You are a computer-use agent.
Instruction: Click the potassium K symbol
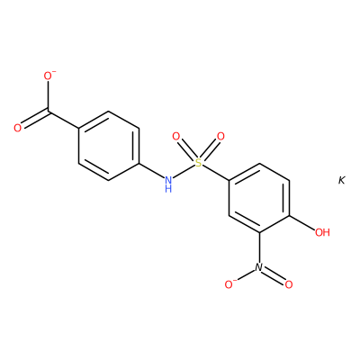pos(342,180)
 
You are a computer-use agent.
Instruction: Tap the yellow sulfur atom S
pos(198,163)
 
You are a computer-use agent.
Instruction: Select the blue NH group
pos(168,184)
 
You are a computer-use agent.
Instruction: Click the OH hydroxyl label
pos(322,232)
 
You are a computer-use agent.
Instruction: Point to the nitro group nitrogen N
pos(259,267)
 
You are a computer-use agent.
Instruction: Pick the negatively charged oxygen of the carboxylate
pos(49,76)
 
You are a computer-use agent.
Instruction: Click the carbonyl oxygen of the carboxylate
pos(18,128)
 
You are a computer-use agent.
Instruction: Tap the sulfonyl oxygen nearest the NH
pos(176,137)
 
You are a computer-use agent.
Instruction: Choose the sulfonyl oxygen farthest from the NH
pos(220,137)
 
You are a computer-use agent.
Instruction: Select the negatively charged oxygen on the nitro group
pos(229,284)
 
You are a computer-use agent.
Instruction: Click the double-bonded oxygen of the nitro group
pos(289,284)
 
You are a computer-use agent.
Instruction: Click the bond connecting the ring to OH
pos(302,223)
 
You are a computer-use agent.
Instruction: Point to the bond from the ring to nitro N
pos(259,247)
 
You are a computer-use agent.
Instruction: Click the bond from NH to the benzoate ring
pos(151,170)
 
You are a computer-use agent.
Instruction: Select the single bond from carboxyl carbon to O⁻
pos(49,96)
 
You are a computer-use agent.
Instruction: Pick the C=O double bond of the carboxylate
pos(35,119)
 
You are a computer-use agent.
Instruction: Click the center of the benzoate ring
pos(109,146)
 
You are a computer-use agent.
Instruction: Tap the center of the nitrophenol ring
pos(259,198)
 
